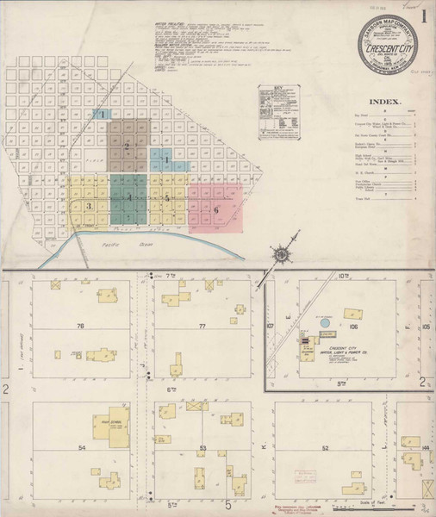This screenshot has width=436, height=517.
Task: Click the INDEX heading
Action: pyautogui.click(x=385, y=102)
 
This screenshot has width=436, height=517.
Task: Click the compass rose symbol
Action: pyautogui.click(x=280, y=254)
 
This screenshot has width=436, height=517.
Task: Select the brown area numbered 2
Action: pyautogui.click(x=127, y=146)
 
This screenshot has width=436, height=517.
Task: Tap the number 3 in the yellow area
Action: pyautogui.click(x=88, y=206)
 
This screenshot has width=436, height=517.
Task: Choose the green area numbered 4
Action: pyautogui.click(x=129, y=198)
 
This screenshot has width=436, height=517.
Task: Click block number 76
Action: pyautogui.click(x=80, y=326)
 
